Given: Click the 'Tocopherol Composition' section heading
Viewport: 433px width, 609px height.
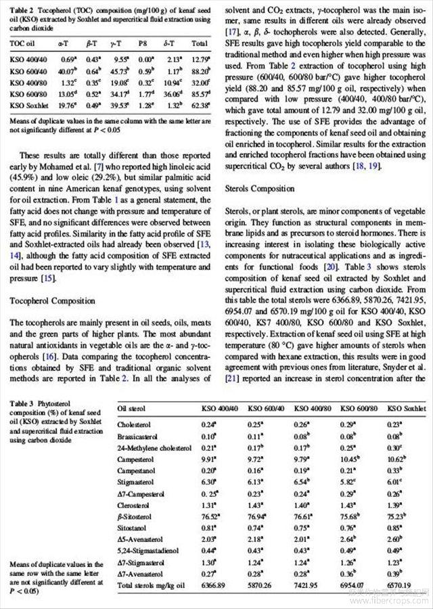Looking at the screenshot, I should pos(53,300).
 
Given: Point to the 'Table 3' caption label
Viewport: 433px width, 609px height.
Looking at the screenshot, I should pos(23,404).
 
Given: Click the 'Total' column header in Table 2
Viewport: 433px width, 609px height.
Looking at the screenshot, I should pos(199,42).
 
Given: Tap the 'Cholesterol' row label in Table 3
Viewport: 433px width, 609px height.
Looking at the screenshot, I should pos(135,424).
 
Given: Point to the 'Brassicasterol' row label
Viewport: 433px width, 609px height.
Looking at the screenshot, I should pos(138,436).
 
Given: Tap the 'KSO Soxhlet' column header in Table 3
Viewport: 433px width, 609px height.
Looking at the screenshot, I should pos(406,409).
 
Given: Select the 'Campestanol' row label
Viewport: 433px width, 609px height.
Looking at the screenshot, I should pos(136,470).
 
